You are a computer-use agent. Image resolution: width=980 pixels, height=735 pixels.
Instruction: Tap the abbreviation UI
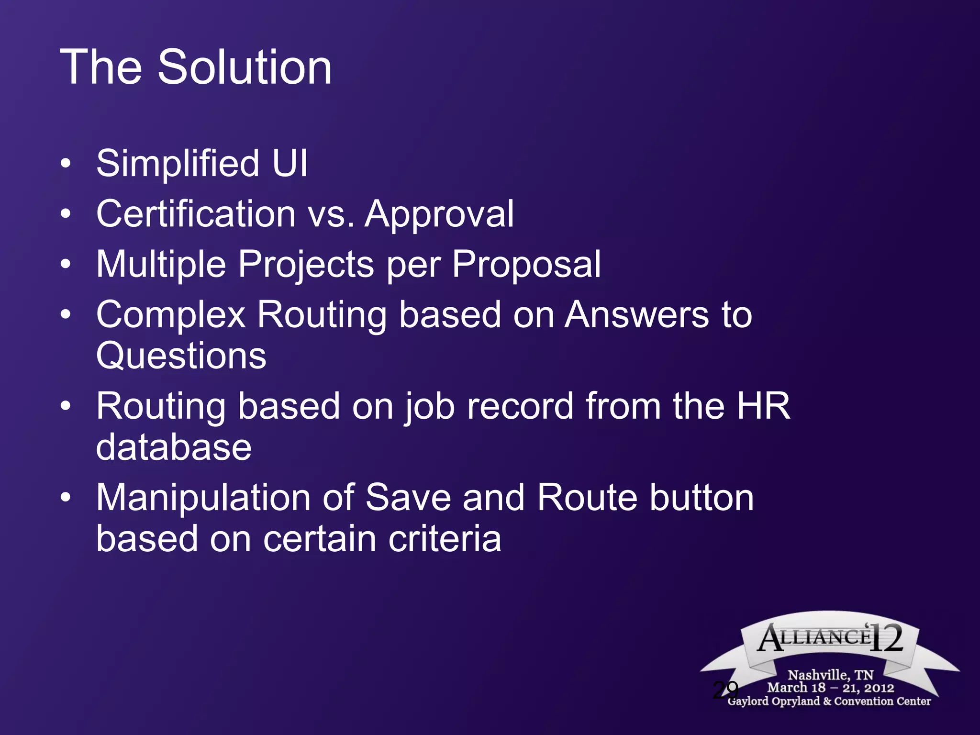click(x=290, y=163)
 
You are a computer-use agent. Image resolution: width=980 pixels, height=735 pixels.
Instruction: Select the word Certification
click(x=196, y=213)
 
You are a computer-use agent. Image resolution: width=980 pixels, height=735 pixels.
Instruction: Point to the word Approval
click(x=439, y=214)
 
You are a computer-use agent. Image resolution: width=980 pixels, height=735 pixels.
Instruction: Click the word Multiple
click(x=161, y=264)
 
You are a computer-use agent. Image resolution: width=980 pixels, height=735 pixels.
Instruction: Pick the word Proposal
click(x=526, y=264)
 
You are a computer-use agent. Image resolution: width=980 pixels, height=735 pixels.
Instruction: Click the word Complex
click(x=171, y=315)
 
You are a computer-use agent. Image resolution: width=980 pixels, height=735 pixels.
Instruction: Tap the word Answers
click(x=637, y=315)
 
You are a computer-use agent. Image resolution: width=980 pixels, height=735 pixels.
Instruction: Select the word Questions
click(x=181, y=356)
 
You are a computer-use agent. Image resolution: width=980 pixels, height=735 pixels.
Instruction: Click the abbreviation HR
click(x=763, y=406)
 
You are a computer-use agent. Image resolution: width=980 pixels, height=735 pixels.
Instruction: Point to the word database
click(x=174, y=447)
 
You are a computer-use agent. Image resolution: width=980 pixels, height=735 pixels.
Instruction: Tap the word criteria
click(x=445, y=539)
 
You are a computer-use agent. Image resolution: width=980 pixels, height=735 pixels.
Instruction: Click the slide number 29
click(x=725, y=690)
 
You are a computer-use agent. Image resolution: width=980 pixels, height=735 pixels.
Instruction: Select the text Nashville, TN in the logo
click(x=831, y=675)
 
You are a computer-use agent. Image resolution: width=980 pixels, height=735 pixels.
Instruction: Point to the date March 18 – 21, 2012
click(x=831, y=688)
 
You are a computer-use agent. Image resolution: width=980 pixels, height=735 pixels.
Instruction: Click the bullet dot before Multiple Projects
click(x=66, y=264)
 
